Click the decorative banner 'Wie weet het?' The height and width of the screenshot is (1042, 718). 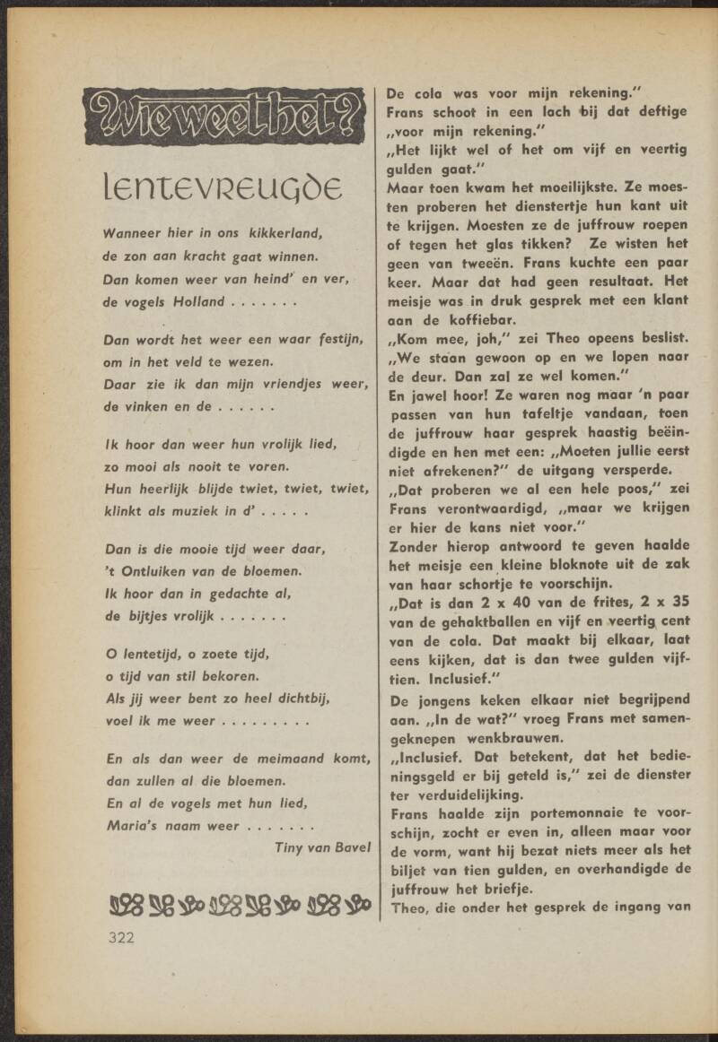coord(224,117)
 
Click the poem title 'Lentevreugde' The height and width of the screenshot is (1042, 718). coord(223,188)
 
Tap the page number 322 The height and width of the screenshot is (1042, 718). coord(121,938)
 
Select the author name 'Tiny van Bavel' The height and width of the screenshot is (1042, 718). coord(322,846)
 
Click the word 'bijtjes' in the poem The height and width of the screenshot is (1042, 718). coord(153,616)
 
